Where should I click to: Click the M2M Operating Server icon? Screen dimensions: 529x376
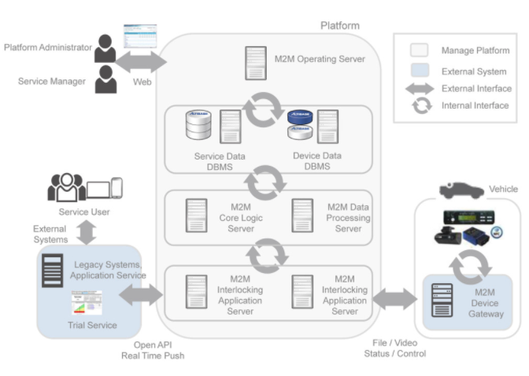[x=256, y=63]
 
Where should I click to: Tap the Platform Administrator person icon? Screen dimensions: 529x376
[x=105, y=48]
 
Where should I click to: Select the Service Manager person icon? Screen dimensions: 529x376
[x=106, y=79]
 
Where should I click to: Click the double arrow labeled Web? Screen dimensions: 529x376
[x=141, y=61]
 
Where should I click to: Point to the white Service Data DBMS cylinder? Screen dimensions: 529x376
[x=198, y=125]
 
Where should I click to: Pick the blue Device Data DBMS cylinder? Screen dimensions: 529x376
[x=300, y=117]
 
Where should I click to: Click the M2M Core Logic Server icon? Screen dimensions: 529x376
[x=196, y=216]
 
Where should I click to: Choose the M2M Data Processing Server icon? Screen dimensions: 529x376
[x=302, y=216]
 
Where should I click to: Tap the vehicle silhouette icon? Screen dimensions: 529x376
[x=461, y=190]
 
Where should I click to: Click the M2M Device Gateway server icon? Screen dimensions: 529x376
[x=442, y=300]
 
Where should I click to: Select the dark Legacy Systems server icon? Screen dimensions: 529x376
[x=52, y=271]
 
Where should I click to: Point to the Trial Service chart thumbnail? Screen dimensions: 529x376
[x=87, y=302]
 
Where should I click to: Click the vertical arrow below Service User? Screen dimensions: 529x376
[x=87, y=232]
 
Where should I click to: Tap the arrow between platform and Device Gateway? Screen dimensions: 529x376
[x=394, y=299]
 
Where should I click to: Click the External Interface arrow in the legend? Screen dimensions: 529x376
[x=420, y=89]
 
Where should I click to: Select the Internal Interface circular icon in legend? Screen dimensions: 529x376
[x=422, y=106]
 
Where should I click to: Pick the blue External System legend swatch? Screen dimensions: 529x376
[x=420, y=70]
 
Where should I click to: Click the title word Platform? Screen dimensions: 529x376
[x=340, y=26]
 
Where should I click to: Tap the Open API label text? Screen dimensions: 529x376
[x=153, y=345]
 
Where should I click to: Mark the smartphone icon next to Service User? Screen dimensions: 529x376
[x=117, y=188]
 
